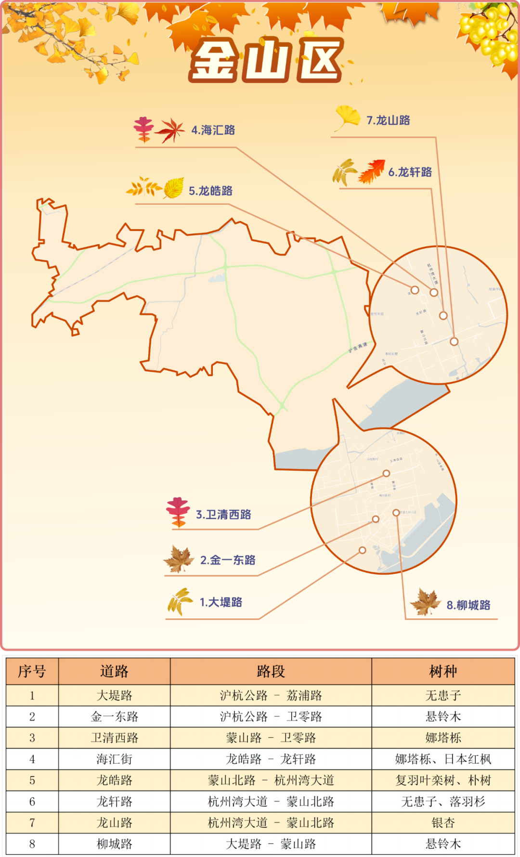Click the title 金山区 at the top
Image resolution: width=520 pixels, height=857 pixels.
pos(266,61)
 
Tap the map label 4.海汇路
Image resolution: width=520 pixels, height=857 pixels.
pos(213,130)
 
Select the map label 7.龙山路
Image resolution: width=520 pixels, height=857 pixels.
pos(388,120)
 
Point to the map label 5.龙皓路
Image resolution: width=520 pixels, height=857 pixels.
pos(210,191)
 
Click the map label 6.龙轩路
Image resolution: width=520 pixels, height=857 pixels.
pos(410,172)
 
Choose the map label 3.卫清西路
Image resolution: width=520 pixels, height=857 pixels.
pos(223,515)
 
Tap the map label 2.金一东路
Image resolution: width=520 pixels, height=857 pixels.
pos(228,560)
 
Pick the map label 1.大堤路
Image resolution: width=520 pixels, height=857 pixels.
pos(221,602)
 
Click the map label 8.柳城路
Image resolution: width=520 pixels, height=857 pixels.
pos(468,605)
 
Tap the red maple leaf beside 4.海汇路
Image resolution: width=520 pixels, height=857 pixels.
pos(170,130)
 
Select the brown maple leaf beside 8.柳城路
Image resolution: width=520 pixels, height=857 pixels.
pos(425,602)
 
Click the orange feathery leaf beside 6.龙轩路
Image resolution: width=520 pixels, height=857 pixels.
pos(372,172)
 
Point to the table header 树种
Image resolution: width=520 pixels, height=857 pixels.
pos(443,671)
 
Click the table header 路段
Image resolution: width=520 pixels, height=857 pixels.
pos(271,671)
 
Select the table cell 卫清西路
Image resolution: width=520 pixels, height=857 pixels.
pos(115,738)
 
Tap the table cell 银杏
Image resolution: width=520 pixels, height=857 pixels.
pos(443,823)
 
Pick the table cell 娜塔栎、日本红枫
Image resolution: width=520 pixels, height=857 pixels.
pos(443,759)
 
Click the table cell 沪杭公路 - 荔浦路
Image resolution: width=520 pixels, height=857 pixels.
pos(271,696)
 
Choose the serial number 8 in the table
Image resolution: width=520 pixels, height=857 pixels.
pos(32,844)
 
